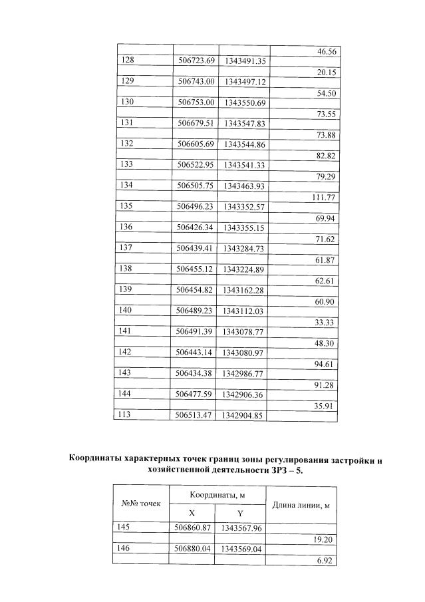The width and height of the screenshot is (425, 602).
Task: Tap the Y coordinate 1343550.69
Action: [245, 102]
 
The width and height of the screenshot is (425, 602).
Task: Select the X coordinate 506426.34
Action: [196, 227]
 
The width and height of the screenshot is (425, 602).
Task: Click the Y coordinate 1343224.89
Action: [245, 269]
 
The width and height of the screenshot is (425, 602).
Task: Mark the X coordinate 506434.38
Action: [196, 373]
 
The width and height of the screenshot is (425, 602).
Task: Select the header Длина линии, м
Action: [302, 505]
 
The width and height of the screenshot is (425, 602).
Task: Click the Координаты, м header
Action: [217, 495]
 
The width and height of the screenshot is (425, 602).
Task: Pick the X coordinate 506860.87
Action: [192, 528]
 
